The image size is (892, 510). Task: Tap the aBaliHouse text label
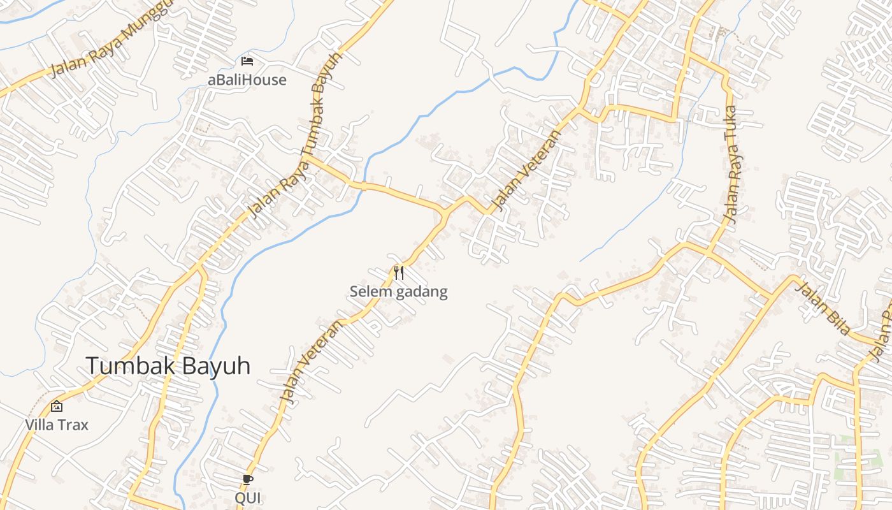coord(247,80)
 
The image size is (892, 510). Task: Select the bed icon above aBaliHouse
coord(247,61)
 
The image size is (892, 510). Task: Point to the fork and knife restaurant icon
coord(399,273)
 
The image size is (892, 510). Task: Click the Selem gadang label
coord(398,292)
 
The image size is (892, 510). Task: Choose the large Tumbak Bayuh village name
coord(168,366)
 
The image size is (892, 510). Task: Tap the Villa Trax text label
coord(57,425)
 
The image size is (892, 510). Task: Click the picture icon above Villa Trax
coord(57,405)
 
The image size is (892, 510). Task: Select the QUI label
coord(248,497)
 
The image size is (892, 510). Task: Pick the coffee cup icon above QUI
coord(248,479)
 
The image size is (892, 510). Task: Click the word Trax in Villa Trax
coord(73,425)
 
